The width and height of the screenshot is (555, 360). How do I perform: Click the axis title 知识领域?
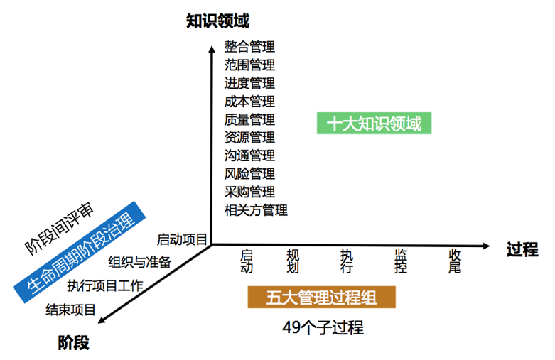tap(217, 21)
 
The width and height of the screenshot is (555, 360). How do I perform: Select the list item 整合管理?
tap(249, 47)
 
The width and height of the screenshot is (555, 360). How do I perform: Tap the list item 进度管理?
tap(249, 83)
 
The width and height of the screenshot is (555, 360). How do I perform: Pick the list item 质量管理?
tap(249, 119)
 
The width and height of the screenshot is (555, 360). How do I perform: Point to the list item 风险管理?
tap(249, 173)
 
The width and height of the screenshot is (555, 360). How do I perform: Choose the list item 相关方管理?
tap(256, 209)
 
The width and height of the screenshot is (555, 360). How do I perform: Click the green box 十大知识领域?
tap(374, 124)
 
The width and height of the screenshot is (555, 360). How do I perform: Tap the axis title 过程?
tap(522, 249)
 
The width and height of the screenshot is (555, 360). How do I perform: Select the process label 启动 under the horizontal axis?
tap(247, 261)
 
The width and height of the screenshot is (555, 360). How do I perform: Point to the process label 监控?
tap(401, 261)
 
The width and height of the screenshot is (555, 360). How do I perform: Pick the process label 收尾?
tap(455, 261)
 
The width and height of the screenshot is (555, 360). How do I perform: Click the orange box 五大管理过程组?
tap(321, 298)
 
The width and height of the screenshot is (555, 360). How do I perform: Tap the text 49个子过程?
tap(322, 327)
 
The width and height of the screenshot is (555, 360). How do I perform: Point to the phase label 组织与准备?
tap(140, 262)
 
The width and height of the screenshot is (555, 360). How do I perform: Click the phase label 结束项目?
tap(70, 310)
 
